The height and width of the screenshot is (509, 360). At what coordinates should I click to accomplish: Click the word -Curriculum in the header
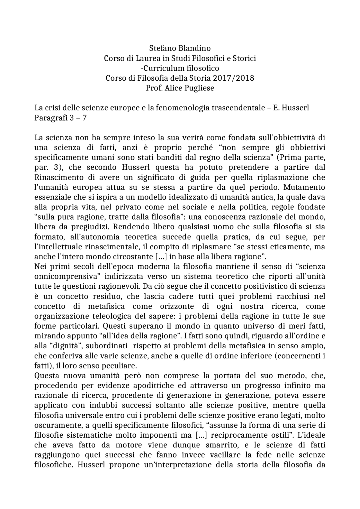pyautogui.click(x=161, y=68)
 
